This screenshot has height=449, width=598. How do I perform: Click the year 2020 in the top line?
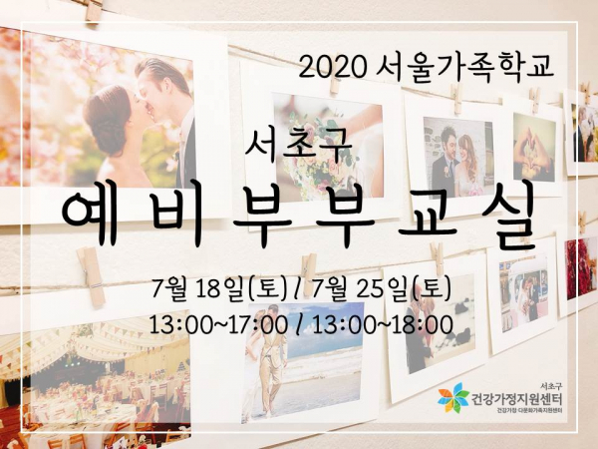332,68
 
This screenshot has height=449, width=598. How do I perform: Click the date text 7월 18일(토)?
218,289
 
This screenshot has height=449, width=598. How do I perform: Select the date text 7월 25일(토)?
382,289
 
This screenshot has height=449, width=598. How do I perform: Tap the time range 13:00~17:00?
218,325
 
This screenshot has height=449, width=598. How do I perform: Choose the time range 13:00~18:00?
383,325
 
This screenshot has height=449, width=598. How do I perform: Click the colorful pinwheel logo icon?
453,398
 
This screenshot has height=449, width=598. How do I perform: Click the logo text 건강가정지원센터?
516,400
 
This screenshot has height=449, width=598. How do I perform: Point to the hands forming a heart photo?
534,147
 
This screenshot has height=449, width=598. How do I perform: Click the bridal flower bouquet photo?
328,147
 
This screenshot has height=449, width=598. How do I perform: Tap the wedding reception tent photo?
95,382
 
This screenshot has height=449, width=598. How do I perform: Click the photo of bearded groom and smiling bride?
453,158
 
